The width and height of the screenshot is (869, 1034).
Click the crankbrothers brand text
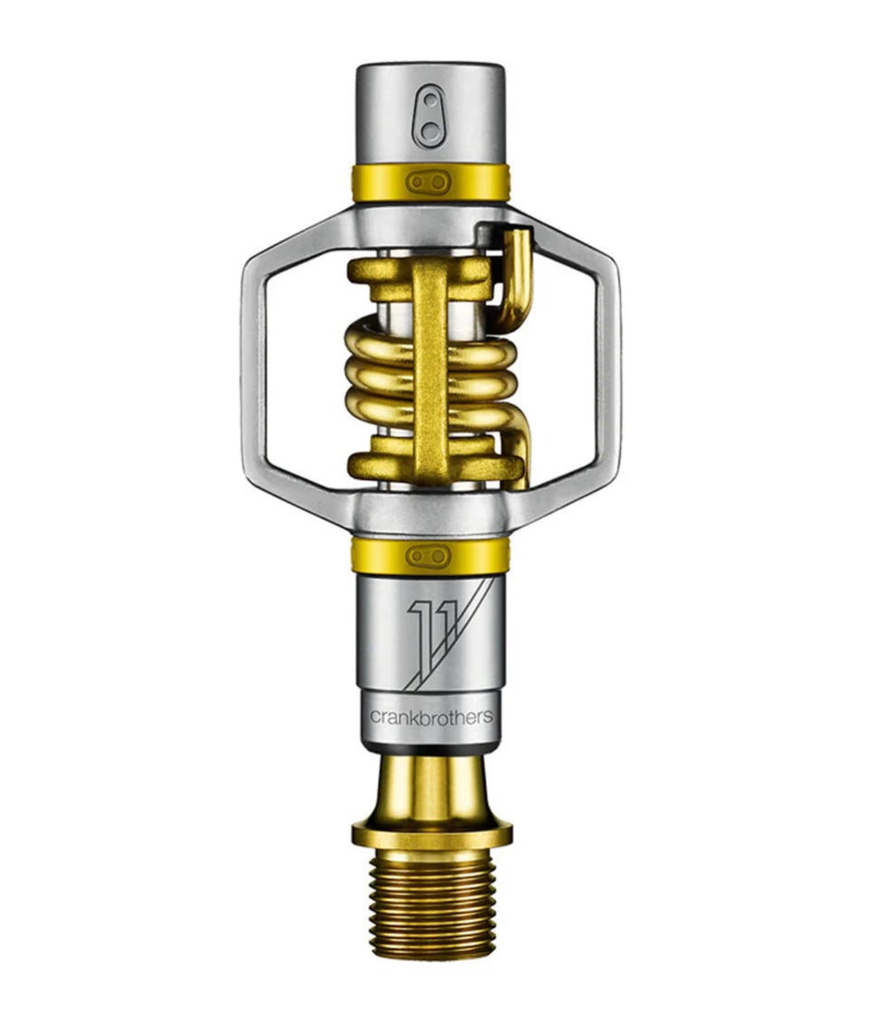tap(431, 716)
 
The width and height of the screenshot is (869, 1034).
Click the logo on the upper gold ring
tap(428, 182)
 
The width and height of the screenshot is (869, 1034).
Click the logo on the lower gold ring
tap(428, 557)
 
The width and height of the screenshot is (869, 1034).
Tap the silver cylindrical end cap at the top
tap(431, 114)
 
